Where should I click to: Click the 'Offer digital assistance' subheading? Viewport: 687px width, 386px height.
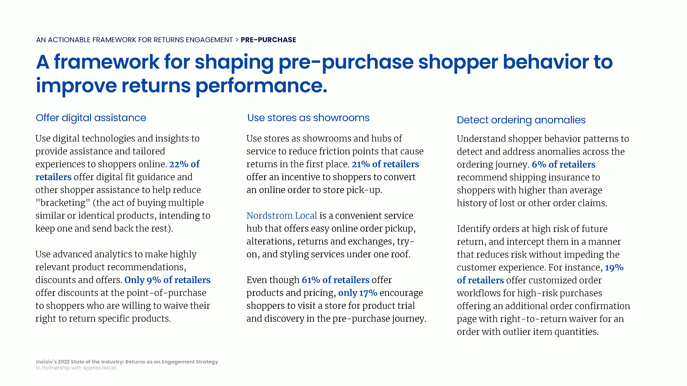(91, 118)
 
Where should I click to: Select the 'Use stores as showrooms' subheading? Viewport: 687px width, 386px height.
(308, 118)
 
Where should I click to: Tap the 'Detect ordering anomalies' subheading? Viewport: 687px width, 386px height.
(521, 120)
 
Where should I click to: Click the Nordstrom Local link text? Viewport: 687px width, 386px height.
(282, 215)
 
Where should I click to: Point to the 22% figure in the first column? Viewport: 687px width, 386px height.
(179, 164)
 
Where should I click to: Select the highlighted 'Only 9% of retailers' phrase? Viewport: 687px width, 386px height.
(167, 280)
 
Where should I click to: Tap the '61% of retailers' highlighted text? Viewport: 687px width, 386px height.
(335, 280)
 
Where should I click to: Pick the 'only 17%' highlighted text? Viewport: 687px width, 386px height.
(358, 293)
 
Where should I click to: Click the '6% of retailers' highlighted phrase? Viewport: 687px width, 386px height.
(564, 164)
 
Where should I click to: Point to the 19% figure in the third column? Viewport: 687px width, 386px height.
(614, 267)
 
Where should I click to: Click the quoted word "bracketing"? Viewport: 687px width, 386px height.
(63, 203)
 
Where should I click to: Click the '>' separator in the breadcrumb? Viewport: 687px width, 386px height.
(236, 40)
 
